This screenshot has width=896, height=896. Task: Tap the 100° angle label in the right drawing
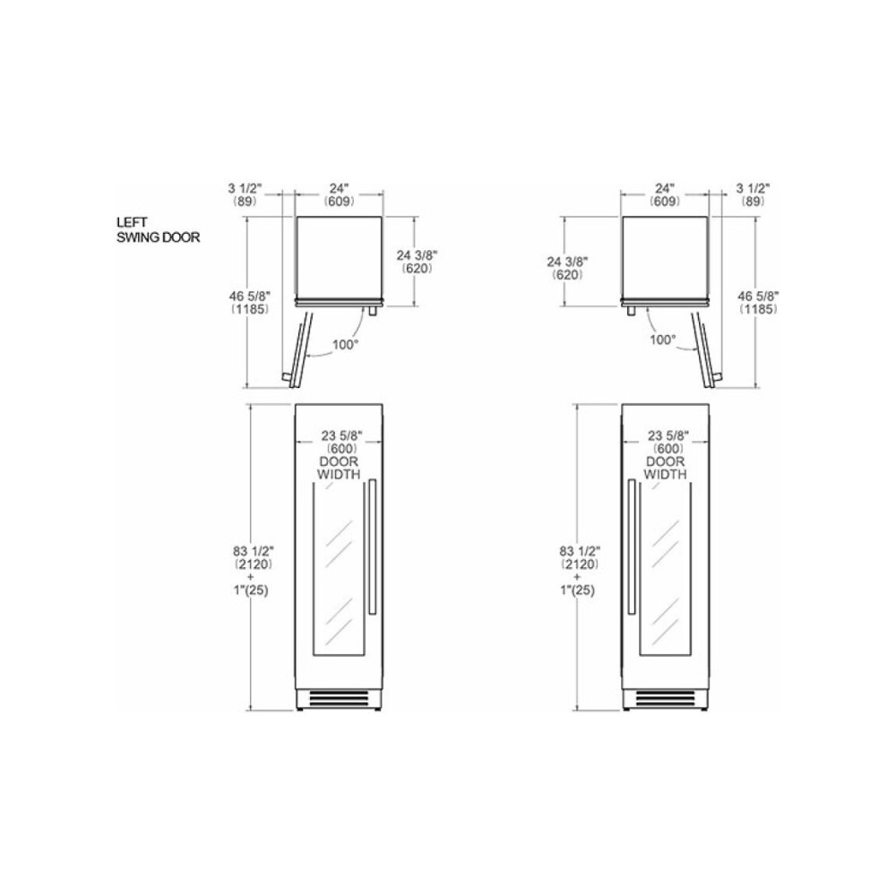coord(663,340)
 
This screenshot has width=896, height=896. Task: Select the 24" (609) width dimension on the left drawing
coord(339,195)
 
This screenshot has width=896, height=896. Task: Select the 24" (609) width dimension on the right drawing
coord(664,195)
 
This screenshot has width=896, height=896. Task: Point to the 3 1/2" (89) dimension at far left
coord(245,195)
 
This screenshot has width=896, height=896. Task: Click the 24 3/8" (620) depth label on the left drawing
coord(417,261)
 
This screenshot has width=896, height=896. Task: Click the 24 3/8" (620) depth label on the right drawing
coord(568,268)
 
